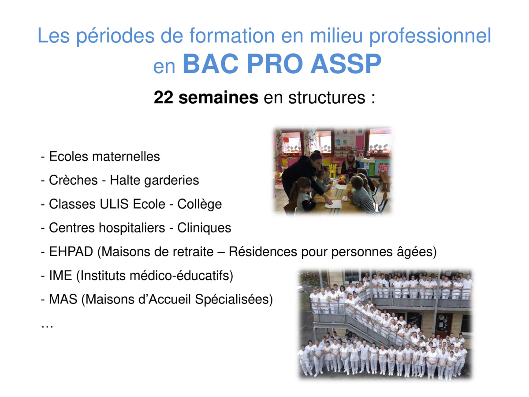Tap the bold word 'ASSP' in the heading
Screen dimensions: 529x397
tap(346, 64)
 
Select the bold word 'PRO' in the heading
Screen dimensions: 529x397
tap(275, 64)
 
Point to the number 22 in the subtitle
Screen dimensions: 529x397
tap(164, 97)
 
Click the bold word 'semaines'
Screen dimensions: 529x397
tap(218, 97)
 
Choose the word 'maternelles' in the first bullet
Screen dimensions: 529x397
tap(126, 157)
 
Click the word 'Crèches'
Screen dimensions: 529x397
tap(73, 180)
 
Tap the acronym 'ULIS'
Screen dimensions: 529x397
tap(114, 204)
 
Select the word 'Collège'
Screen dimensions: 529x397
tap(200, 204)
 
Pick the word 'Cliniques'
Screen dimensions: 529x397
tap(204, 228)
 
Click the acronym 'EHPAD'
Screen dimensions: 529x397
tap(71, 251)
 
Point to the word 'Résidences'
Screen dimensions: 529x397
tap(262, 251)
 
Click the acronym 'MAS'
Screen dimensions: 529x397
tap(63, 299)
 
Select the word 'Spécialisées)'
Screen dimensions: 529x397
tap(234, 300)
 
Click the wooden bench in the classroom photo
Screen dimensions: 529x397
tap(385, 181)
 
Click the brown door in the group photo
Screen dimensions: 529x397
tap(443, 326)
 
